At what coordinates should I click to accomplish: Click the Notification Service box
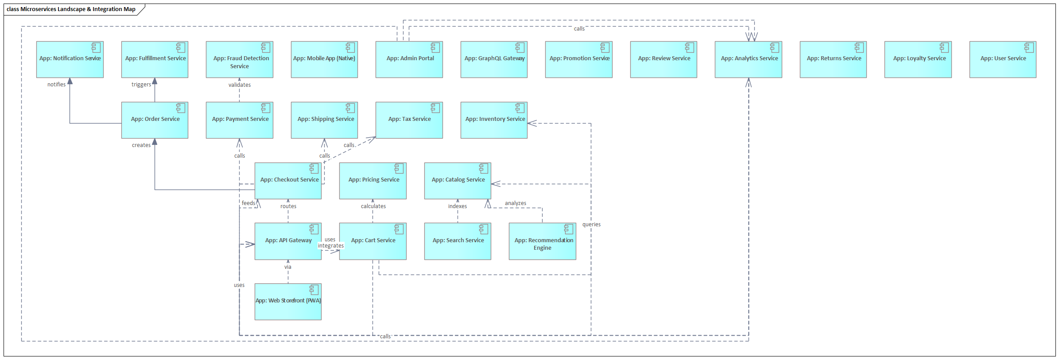[x=70, y=60]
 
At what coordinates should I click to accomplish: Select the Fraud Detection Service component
[x=239, y=60]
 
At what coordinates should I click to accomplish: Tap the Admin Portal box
[x=409, y=60]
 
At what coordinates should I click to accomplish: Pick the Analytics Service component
[x=748, y=60]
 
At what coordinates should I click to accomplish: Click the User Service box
[x=1003, y=60]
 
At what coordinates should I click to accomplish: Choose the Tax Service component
[x=409, y=120]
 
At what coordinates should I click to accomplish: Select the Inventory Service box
[x=494, y=120]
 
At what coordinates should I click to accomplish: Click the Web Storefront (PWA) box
[x=288, y=302]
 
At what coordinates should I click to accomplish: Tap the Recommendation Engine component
[x=542, y=241]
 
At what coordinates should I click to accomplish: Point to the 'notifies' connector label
[x=56, y=85]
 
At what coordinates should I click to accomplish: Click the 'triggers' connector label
[x=141, y=85]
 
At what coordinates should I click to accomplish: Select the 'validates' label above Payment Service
[x=240, y=85]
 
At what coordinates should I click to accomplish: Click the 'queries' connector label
[x=591, y=225]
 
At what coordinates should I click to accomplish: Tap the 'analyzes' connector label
[x=516, y=203]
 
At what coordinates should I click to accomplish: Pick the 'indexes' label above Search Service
[x=458, y=206]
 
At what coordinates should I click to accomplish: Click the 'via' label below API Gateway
[x=288, y=267]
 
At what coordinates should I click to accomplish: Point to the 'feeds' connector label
[x=248, y=203]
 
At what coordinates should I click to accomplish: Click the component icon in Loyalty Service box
[x=944, y=47]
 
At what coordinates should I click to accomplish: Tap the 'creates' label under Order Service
[x=141, y=145]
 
